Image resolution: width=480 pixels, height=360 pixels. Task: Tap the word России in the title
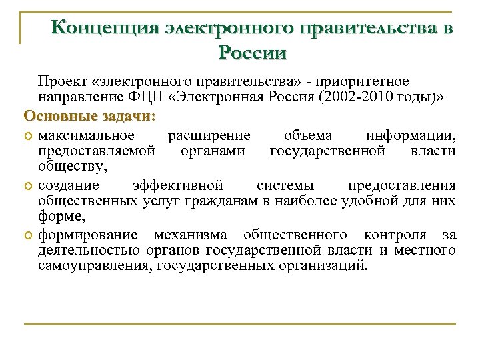tap(253, 53)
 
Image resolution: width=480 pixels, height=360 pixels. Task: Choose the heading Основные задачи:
tap(89, 115)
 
